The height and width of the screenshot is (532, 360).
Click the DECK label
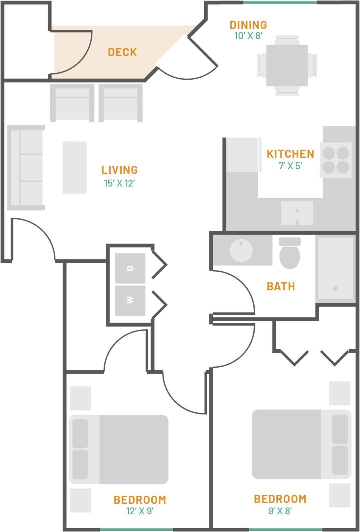[x=122, y=52]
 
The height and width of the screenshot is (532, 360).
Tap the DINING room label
[x=248, y=25]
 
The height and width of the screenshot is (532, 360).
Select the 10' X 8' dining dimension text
[x=248, y=36]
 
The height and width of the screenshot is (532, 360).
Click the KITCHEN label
[x=290, y=154]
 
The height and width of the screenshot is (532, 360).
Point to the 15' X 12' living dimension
[x=119, y=183]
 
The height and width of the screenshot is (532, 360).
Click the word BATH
[x=281, y=287]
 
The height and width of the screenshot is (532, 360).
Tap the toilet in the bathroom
[x=289, y=253]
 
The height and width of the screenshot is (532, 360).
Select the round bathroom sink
[x=242, y=250]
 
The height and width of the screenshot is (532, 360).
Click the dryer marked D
[x=130, y=268]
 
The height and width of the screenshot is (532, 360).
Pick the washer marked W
[x=130, y=300]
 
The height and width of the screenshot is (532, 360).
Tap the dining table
[x=287, y=64]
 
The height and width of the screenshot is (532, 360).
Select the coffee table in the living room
[x=74, y=167]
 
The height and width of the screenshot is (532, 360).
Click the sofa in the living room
[x=26, y=167]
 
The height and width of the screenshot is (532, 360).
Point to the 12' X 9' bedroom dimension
[x=139, y=511]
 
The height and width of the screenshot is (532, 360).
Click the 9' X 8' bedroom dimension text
[x=280, y=511]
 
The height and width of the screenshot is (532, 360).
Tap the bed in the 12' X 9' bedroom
[x=118, y=449]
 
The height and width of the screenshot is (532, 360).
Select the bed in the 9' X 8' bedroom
[x=301, y=444]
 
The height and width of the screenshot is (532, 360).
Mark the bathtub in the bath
[x=335, y=269]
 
